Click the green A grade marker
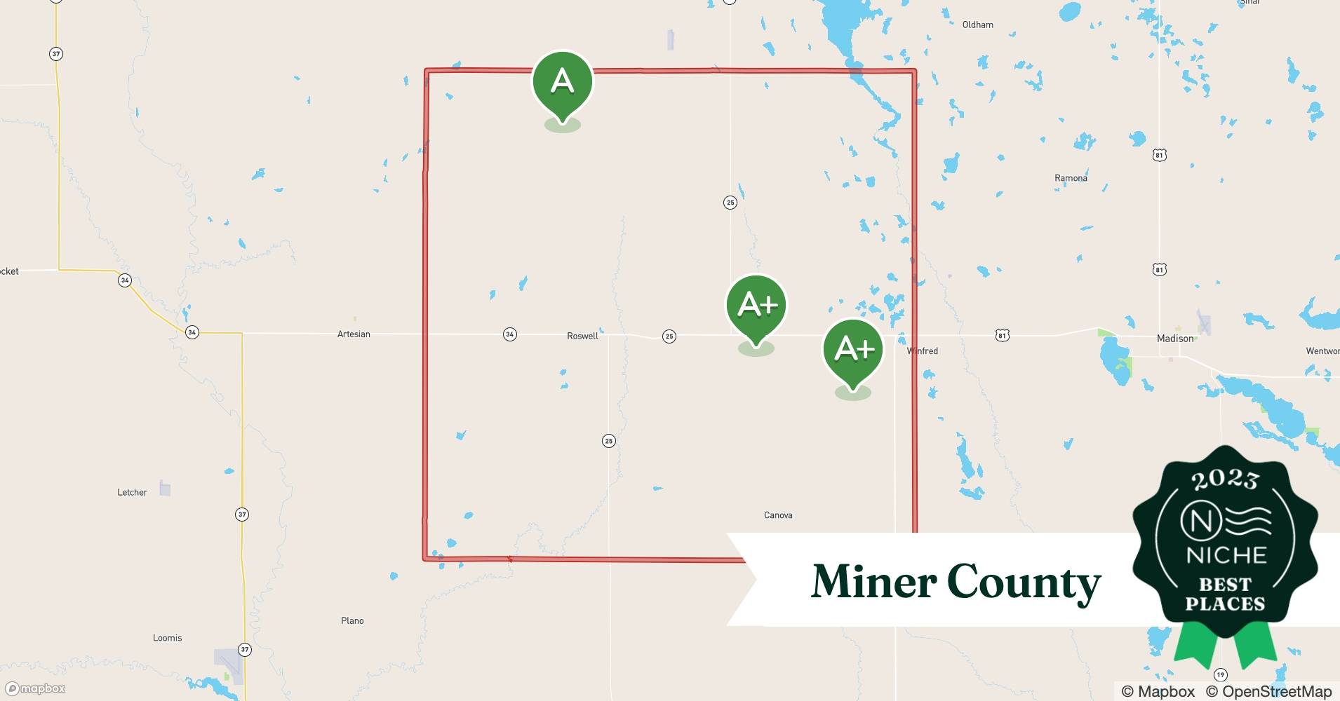pyautogui.click(x=563, y=83)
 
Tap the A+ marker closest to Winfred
pyautogui.click(x=853, y=350)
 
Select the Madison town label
pyautogui.click(x=1175, y=339)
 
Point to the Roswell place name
pyautogui.click(x=582, y=336)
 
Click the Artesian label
pyautogui.click(x=354, y=334)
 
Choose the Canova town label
pyautogui.click(x=778, y=515)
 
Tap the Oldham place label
pyautogui.click(x=977, y=25)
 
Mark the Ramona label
pyautogui.click(x=1071, y=178)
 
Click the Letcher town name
pyautogui.click(x=132, y=493)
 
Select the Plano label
pyautogui.click(x=352, y=621)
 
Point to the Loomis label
pyautogui.click(x=167, y=638)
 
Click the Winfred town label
pyautogui.click(x=923, y=351)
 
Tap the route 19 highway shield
pyautogui.click(x=1221, y=675)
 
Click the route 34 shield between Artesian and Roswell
pyautogui.click(x=510, y=334)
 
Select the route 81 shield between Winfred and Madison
pyautogui.click(x=1002, y=336)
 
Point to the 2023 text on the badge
pyautogui.click(x=1225, y=479)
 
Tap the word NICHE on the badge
pyautogui.click(x=1226, y=556)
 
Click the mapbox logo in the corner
pyautogui.click(x=36, y=689)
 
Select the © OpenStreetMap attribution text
pyautogui.click(x=1268, y=692)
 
